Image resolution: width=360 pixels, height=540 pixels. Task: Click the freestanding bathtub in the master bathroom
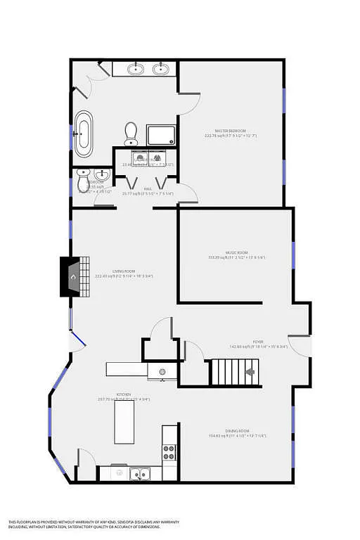coord(84,134)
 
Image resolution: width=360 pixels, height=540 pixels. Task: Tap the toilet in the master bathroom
coord(131,131)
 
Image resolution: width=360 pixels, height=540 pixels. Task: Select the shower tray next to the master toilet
coord(161,134)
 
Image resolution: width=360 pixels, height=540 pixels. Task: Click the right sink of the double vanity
coord(162,69)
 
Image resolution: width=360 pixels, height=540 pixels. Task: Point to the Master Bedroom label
coord(230,131)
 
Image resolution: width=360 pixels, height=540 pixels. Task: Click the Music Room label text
coord(236,252)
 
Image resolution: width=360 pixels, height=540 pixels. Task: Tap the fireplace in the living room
coord(72,276)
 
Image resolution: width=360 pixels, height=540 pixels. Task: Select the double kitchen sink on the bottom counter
coord(139,473)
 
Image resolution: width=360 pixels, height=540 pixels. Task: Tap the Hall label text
coord(148,188)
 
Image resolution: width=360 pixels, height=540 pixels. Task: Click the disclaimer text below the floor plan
coord(94,523)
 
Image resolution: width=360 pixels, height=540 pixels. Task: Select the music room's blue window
coord(293,255)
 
